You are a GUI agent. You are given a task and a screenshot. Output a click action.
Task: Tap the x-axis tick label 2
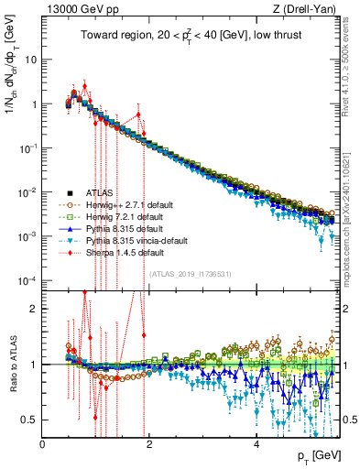pos(150,442)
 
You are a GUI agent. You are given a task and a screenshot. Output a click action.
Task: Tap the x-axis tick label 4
pos(257,442)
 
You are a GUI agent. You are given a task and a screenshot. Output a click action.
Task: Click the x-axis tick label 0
pos(43,442)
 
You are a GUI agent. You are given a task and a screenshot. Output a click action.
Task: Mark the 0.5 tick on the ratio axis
pos(29,420)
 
